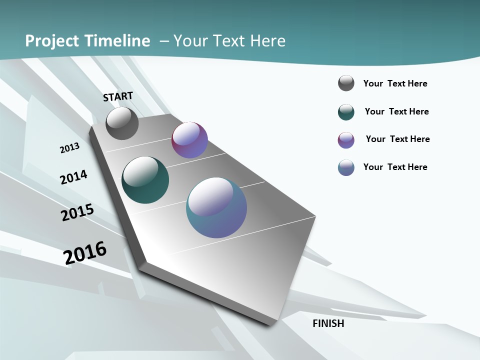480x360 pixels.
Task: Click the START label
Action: pyautogui.click(x=118, y=96)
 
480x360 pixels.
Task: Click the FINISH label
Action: pyautogui.click(x=328, y=323)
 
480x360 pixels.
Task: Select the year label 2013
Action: pyautogui.click(x=69, y=147)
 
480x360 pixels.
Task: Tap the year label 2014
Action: pyautogui.click(x=73, y=177)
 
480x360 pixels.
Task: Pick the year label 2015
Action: pyautogui.click(x=77, y=212)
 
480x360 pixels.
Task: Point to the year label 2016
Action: pyautogui.click(x=85, y=253)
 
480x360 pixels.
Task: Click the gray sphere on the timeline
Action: pyautogui.click(x=122, y=123)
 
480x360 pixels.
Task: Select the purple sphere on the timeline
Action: pyautogui.click(x=189, y=140)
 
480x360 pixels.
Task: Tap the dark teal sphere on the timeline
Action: pyautogui.click(x=145, y=180)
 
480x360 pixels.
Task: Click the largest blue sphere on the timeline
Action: pyautogui.click(x=216, y=207)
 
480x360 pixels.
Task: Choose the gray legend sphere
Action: pyautogui.click(x=346, y=83)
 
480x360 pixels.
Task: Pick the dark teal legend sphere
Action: pyautogui.click(x=346, y=112)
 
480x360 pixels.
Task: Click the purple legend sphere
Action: pyautogui.click(x=346, y=140)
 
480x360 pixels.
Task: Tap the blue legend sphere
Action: pyautogui.click(x=346, y=167)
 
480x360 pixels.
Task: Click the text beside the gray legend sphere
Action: pyautogui.click(x=395, y=83)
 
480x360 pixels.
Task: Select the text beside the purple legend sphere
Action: pyautogui.click(x=397, y=139)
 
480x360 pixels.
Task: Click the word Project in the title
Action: pyautogui.click(x=51, y=41)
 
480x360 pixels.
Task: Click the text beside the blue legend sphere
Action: pyautogui.click(x=395, y=167)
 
